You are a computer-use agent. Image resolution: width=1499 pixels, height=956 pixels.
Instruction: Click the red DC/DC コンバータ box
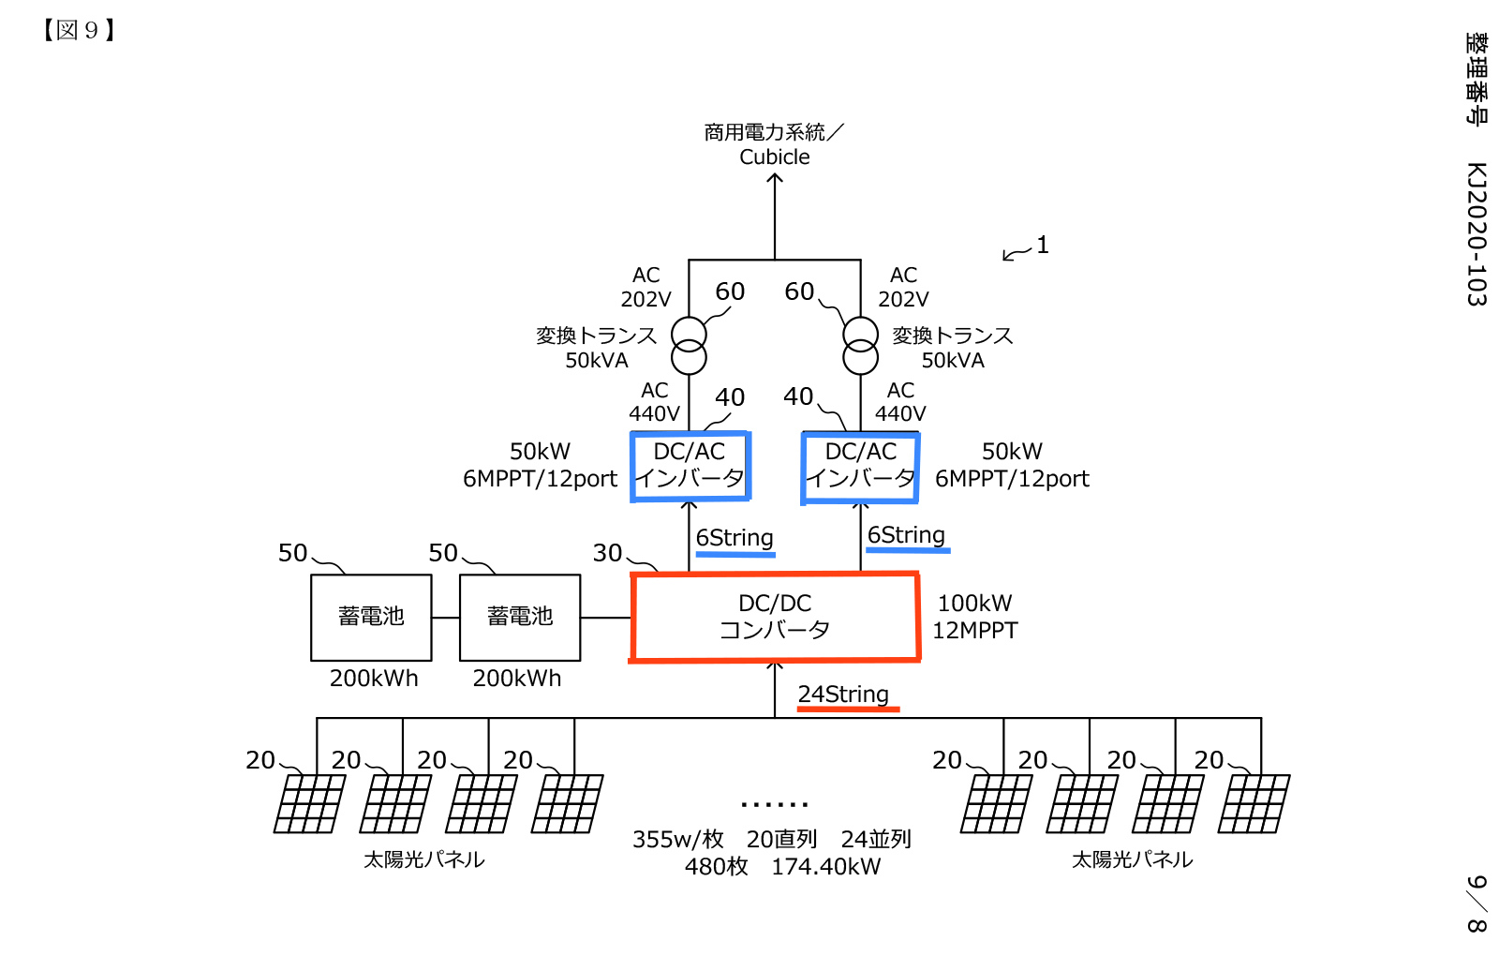click(775, 617)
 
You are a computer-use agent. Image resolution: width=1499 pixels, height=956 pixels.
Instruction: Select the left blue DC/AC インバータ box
click(690, 466)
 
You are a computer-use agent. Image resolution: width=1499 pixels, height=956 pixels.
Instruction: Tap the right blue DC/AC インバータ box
click(860, 466)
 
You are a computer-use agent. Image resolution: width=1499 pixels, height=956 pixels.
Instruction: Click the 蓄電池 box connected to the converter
click(520, 617)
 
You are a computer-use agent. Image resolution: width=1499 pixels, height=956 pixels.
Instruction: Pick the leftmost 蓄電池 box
click(371, 617)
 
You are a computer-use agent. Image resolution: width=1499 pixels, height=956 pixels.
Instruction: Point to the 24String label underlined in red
click(843, 695)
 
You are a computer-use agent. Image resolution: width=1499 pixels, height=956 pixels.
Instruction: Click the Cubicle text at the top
click(775, 157)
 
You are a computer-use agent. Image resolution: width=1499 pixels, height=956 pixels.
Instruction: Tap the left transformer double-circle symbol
click(689, 345)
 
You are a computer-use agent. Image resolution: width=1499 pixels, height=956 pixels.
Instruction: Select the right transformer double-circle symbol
click(860, 345)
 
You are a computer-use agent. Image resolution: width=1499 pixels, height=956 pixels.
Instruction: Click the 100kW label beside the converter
click(975, 604)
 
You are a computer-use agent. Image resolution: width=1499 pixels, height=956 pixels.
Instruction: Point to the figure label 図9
click(79, 30)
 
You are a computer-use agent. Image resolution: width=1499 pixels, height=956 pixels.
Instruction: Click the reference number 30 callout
click(607, 553)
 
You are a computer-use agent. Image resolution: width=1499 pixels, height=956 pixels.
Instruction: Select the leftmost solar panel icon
click(309, 803)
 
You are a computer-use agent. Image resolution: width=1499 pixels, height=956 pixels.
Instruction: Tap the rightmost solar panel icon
click(1254, 803)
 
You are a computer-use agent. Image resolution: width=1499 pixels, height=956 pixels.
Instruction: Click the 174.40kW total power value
click(826, 867)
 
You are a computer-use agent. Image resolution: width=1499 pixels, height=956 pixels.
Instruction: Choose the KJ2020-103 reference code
click(1477, 234)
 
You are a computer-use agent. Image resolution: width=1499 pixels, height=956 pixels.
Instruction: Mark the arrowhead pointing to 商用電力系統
click(775, 178)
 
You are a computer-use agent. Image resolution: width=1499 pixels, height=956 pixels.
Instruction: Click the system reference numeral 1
click(1043, 246)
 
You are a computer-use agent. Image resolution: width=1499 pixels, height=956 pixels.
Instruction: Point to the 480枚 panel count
click(717, 867)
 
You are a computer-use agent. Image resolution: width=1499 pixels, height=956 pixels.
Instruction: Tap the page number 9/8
click(1477, 904)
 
